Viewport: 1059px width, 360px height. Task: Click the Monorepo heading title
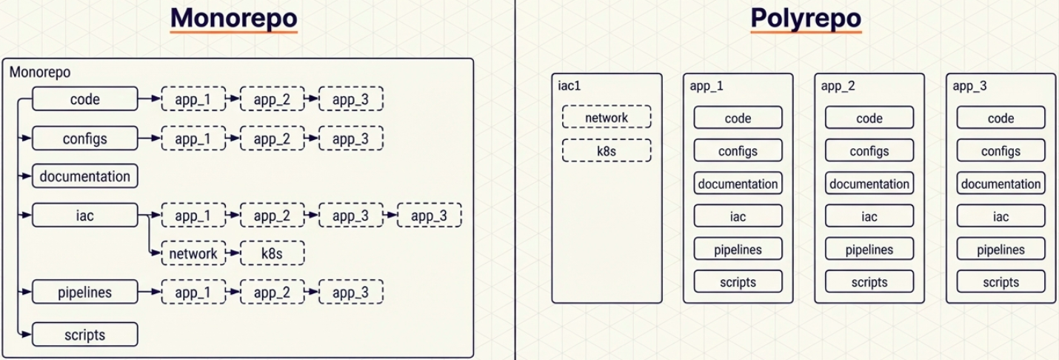pyautogui.click(x=234, y=19)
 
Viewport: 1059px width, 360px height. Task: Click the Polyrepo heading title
pyautogui.click(x=806, y=19)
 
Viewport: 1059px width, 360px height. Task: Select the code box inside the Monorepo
pyautogui.click(x=85, y=99)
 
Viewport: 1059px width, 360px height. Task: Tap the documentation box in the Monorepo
pyautogui.click(x=85, y=176)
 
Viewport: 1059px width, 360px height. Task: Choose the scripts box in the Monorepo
pyautogui.click(x=85, y=335)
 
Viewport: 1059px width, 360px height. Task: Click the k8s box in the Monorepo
pyautogui.click(x=273, y=253)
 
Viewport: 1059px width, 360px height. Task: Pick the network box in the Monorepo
pyautogui.click(x=193, y=253)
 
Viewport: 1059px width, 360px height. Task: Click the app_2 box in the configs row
pyautogui.click(x=273, y=139)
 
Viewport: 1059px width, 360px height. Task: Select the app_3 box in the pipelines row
pyautogui.click(x=351, y=293)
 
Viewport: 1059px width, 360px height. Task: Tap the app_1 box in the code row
pyautogui.click(x=193, y=99)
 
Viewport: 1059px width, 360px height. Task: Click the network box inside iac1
pyautogui.click(x=607, y=117)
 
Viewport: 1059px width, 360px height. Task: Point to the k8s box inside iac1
pyautogui.click(x=607, y=150)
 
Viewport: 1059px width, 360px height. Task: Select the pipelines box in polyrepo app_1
pyautogui.click(x=738, y=249)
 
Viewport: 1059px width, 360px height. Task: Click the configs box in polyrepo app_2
pyautogui.click(x=869, y=151)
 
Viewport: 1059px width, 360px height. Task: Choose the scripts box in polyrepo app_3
pyautogui.click(x=1000, y=281)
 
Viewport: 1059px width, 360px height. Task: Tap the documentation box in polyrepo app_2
pyautogui.click(x=869, y=184)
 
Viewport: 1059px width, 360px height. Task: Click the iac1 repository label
pyautogui.click(x=569, y=85)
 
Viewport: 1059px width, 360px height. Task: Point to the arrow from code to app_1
pyautogui.click(x=150, y=99)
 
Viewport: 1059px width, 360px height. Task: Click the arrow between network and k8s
pyautogui.click(x=233, y=253)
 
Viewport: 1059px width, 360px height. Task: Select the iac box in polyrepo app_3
pyautogui.click(x=1000, y=216)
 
